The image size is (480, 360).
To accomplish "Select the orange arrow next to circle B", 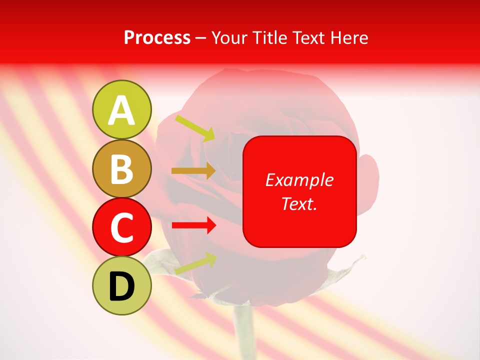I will tap(193, 170).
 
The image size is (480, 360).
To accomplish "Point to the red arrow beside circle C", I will tap(193, 225).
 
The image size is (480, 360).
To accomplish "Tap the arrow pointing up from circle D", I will tap(195, 263).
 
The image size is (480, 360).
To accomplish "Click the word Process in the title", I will tap(157, 38).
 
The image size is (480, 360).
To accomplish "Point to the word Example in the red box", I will tap(299, 180).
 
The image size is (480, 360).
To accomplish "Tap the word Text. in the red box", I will tap(299, 203).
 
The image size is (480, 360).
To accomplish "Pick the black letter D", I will tap(122, 286).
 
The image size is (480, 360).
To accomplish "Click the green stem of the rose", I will tap(244, 332).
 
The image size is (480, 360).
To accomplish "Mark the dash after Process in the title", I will tap(200, 38).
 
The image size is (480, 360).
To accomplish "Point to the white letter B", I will tap(122, 169).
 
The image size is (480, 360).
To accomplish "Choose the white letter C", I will tap(122, 227).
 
